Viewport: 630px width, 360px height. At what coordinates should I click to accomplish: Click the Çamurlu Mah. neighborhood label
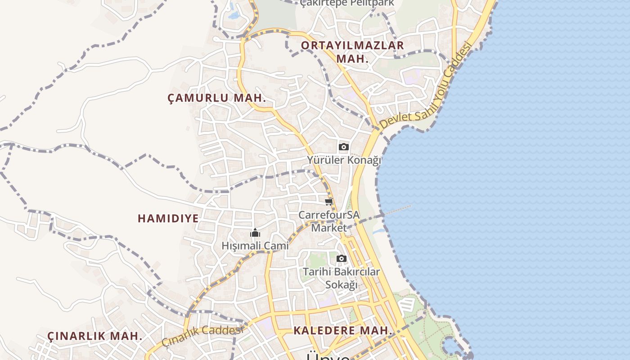(217, 98)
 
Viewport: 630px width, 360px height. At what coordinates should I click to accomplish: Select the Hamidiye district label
(168, 219)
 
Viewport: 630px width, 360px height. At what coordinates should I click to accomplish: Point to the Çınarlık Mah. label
(95, 336)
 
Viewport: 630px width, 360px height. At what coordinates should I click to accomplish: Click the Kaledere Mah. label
(343, 330)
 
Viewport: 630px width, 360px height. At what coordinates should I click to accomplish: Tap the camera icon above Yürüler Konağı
(343, 147)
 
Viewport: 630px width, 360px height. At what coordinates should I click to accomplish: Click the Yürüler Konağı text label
(344, 160)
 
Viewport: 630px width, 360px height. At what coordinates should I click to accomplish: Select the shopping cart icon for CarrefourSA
(329, 202)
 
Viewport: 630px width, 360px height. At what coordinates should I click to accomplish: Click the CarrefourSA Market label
(329, 221)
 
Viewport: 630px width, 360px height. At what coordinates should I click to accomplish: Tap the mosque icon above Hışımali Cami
(255, 233)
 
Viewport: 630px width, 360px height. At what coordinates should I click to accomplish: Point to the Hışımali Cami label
(255, 246)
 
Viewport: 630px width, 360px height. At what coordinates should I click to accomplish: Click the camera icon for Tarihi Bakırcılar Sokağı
(342, 258)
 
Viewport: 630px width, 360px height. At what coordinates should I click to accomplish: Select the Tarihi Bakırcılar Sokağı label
(342, 278)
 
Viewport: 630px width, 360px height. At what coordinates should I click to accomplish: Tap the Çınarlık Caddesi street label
(202, 335)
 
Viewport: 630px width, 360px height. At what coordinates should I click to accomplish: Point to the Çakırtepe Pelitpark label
(347, 3)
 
